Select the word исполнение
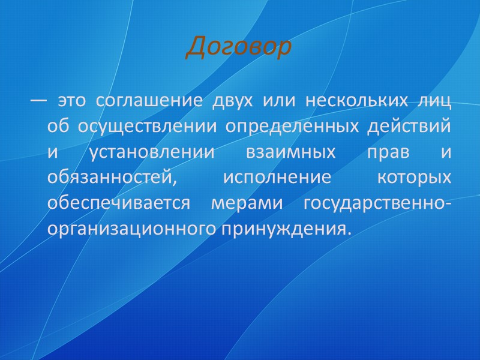pos(268,178)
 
